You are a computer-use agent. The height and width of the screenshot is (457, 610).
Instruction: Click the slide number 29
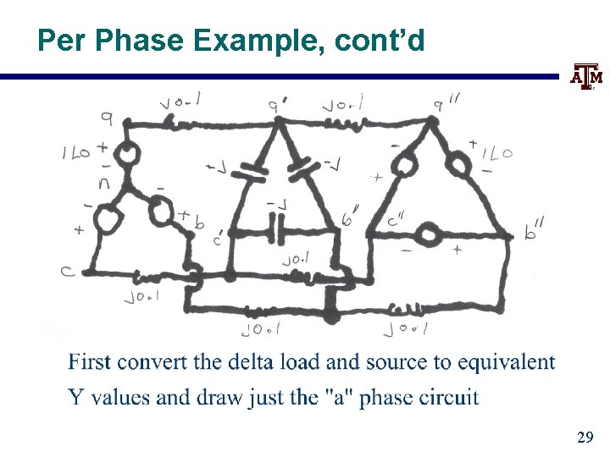[x=584, y=438]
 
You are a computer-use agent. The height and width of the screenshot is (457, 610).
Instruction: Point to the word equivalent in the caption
[x=507, y=362]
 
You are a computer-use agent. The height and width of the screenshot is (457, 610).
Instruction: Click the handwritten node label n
[x=104, y=181]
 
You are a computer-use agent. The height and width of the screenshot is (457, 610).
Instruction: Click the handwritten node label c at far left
[x=67, y=271]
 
